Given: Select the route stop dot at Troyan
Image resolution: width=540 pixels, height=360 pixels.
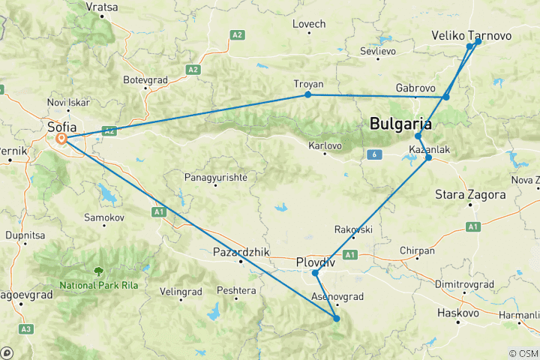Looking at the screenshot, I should tap(308, 94).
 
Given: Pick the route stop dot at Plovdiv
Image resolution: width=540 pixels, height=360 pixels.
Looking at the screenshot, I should tap(316, 273).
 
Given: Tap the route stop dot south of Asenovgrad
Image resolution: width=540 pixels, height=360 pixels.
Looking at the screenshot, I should tap(337, 319).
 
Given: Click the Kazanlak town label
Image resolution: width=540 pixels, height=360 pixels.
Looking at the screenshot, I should tap(429, 150).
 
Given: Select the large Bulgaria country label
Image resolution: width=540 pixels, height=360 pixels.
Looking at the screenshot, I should tap(400, 124).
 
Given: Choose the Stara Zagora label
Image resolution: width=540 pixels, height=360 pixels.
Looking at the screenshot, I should tap(470, 195).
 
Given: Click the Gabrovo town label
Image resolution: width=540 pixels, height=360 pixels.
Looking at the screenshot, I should tap(415, 88).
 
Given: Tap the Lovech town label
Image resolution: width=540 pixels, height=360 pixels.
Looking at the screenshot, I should tap(309, 24).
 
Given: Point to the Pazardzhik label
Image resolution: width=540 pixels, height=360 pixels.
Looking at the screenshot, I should tap(241, 252).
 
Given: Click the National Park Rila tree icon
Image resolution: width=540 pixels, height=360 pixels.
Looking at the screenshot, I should tap(98, 272).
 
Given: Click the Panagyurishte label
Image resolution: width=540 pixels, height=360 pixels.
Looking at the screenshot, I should tap(216, 177).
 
